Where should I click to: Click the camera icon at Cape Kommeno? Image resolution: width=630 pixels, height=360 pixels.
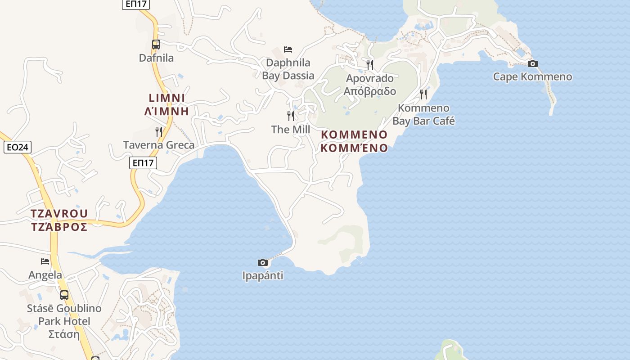click(x=533, y=63)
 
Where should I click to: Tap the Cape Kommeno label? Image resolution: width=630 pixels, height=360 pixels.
click(x=532, y=76)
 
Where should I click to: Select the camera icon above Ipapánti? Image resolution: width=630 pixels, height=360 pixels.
click(x=263, y=262)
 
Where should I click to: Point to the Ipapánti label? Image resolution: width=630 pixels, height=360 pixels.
click(x=263, y=275)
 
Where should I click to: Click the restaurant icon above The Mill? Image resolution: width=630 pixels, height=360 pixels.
click(x=291, y=116)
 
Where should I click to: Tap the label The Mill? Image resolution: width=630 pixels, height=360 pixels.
click(x=291, y=130)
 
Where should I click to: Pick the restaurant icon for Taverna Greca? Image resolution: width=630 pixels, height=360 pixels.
click(x=159, y=131)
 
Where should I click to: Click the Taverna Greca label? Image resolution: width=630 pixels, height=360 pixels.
click(x=159, y=145)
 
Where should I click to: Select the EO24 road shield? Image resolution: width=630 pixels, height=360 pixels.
click(x=17, y=147)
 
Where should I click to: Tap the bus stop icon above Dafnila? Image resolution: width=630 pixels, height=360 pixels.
click(x=156, y=45)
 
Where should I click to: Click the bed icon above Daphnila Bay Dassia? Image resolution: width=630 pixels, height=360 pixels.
click(x=288, y=49)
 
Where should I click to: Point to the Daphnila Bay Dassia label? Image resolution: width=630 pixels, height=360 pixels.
click(x=288, y=69)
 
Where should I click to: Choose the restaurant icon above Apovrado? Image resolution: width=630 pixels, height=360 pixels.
click(x=370, y=64)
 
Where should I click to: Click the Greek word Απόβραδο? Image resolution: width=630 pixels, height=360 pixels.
click(x=370, y=91)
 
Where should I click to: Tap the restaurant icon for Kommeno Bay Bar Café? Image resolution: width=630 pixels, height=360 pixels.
click(x=423, y=94)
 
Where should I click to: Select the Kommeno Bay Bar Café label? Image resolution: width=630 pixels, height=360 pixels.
click(x=423, y=114)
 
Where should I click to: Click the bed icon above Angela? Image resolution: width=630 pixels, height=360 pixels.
click(x=45, y=261)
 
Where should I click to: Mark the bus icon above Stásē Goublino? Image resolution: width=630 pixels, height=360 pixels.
click(x=64, y=295)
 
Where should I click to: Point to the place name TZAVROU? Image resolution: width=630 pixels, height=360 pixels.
click(x=59, y=213)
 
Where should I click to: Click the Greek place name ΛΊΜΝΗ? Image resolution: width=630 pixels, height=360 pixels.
click(x=166, y=111)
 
